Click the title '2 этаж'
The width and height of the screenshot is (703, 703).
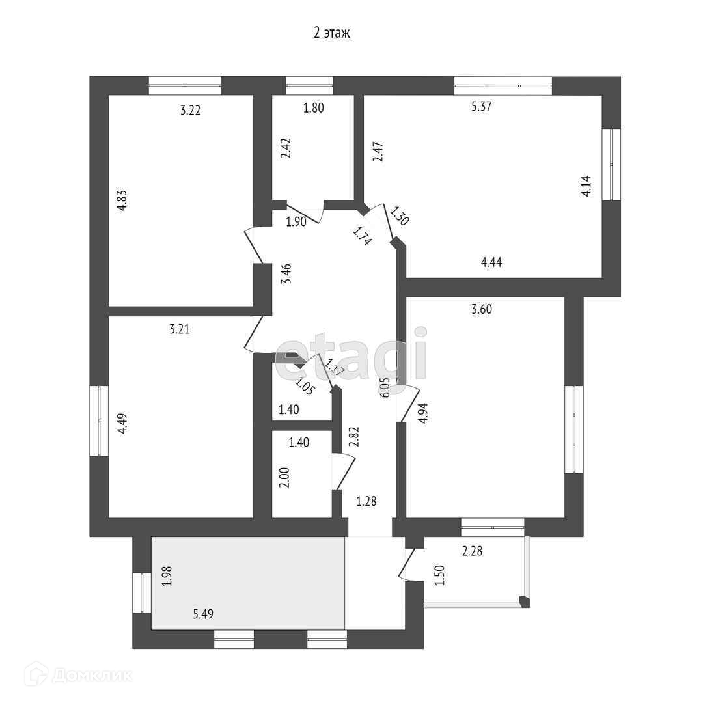click(332, 33)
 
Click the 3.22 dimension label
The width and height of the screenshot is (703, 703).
click(190, 110)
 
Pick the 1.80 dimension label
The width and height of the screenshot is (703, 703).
click(313, 108)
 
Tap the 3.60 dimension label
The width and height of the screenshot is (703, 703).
click(481, 309)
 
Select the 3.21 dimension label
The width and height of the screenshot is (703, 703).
click(179, 329)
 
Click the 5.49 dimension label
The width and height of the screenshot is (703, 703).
click(204, 613)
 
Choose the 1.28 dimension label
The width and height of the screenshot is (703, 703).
click(366, 501)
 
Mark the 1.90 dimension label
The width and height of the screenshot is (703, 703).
click(296, 221)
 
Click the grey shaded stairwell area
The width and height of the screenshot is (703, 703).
click(247, 583)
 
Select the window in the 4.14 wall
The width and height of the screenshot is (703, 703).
click(611, 164)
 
